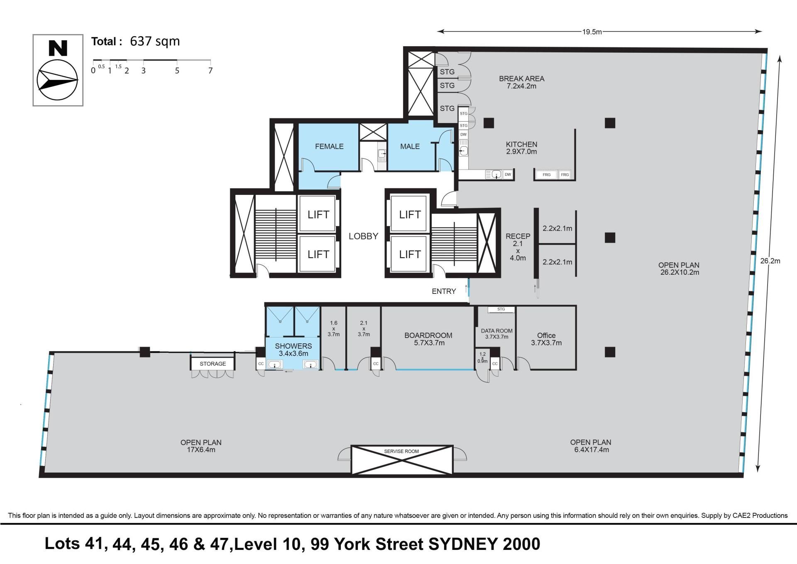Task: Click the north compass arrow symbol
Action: click(x=57, y=80)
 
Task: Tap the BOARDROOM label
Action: click(x=428, y=335)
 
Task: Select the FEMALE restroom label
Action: click(x=329, y=146)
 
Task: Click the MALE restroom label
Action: click(x=410, y=146)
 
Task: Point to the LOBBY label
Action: click(x=363, y=236)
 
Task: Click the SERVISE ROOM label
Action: click(x=401, y=451)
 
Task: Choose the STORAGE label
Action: click(x=213, y=364)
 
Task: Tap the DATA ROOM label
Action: click(x=496, y=331)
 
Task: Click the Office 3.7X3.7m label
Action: click(x=546, y=339)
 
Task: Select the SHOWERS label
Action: click(x=293, y=346)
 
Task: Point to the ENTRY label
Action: click(x=444, y=291)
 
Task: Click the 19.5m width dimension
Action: click(x=592, y=32)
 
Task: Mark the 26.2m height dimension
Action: click(x=770, y=261)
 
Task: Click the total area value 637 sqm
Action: click(x=155, y=42)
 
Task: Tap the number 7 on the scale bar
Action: click(x=210, y=71)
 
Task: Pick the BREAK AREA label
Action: click(x=521, y=79)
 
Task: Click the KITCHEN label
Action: click(x=521, y=144)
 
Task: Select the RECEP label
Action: click(x=518, y=236)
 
